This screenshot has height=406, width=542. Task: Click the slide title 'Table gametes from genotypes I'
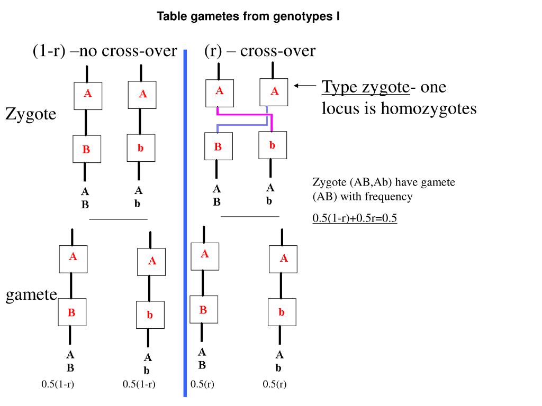tap(248, 17)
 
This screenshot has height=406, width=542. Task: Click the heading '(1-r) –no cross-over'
tap(104, 51)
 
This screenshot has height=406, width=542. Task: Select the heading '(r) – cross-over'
tap(259, 51)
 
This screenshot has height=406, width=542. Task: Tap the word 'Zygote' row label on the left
tap(31, 114)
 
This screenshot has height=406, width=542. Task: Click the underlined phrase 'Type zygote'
tap(366, 86)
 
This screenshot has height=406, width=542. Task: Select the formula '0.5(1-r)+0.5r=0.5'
tap(355, 218)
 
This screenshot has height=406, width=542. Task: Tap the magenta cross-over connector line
tap(243, 114)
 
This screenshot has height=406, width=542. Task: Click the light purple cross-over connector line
tap(241, 125)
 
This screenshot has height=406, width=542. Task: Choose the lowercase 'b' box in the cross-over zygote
tap(272, 145)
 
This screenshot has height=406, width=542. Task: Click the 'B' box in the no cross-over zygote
tap(86, 149)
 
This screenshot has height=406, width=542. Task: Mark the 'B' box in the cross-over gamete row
tap(203, 310)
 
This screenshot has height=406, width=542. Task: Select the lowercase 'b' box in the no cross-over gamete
tap(150, 315)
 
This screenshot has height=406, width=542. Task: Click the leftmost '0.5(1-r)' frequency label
tap(58, 384)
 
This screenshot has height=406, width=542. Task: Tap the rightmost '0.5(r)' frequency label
tap(274, 384)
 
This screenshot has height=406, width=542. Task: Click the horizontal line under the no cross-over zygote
tap(118, 219)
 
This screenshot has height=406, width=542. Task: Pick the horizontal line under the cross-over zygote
tap(250, 216)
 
